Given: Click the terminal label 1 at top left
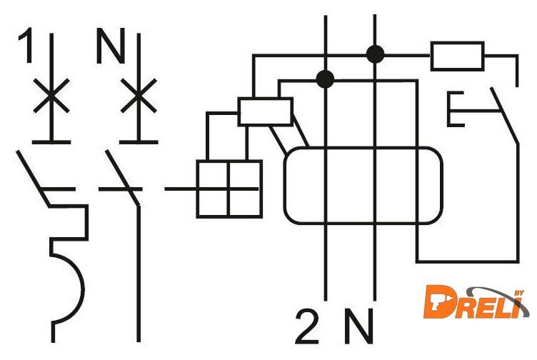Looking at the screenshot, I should click(25, 48).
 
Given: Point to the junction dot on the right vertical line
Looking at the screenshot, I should click(373, 53).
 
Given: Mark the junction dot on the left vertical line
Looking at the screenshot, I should click(326, 78).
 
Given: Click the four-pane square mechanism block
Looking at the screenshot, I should click(229, 189).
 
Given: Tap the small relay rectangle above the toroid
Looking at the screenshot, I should click(264, 112).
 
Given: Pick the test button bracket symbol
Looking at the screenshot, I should click(461, 109).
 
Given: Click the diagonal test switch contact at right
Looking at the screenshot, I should click(504, 114).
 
